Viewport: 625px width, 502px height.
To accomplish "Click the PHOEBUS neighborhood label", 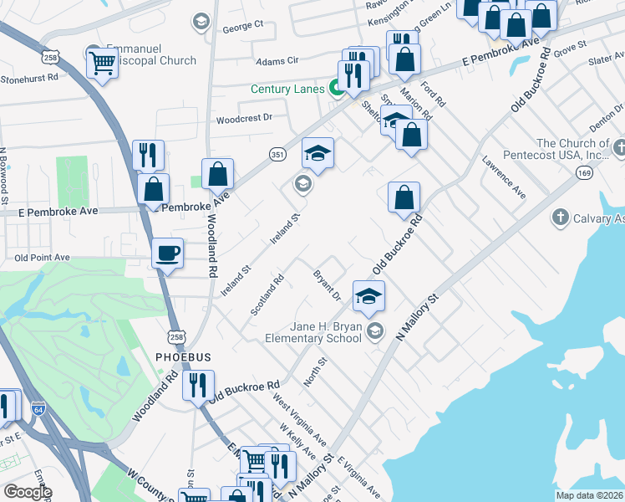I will pyautogui.click(x=183, y=357).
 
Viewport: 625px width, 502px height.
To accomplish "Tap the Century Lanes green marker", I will pyautogui.click(x=338, y=88).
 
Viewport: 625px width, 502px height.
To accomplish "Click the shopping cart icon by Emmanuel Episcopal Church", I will pyautogui.click(x=102, y=61).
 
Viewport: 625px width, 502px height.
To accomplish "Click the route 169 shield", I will pyautogui.click(x=583, y=172).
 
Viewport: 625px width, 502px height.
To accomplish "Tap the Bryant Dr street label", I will pyautogui.click(x=328, y=285).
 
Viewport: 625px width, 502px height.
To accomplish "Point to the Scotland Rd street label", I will pyautogui.click(x=267, y=295).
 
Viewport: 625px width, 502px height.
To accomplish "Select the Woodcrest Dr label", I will pyautogui.click(x=244, y=118).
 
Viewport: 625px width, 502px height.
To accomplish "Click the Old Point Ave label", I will pyautogui.click(x=40, y=258).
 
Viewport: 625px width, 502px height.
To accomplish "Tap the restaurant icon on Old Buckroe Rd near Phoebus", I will pyautogui.click(x=198, y=387).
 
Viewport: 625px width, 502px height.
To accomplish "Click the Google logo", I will pyautogui.click(x=27, y=492).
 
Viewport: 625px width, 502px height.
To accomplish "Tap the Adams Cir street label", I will pyautogui.click(x=277, y=61).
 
